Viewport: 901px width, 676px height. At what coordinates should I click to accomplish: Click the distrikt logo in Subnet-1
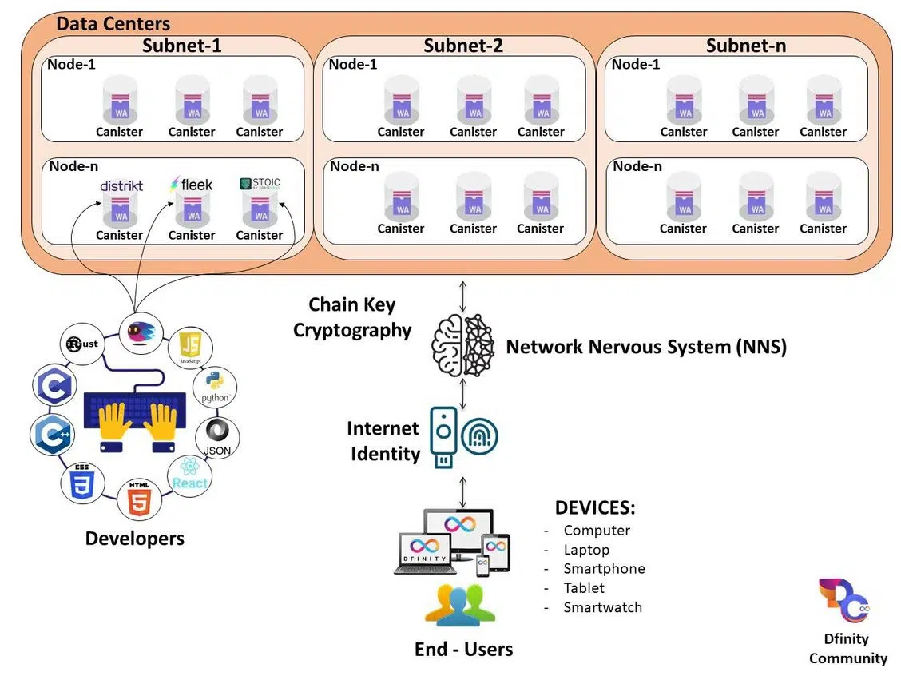[x=121, y=185]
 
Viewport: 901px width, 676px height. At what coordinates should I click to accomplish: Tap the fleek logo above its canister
[x=191, y=185]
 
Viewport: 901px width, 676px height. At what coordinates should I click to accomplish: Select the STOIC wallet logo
[x=260, y=184]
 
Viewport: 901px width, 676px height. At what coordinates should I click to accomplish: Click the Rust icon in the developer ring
[x=83, y=344]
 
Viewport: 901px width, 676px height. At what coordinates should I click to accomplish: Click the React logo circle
[x=190, y=477]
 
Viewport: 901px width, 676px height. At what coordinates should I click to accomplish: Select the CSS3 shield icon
[x=81, y=481]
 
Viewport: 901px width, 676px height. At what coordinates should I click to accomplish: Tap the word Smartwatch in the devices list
[x=602, y=607]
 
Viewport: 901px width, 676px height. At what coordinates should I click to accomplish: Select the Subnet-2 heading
[x=463, y=46]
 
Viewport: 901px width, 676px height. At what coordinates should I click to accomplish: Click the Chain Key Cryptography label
[x=351, y=317]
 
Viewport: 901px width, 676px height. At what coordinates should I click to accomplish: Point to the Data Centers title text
[x=113, y=24]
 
